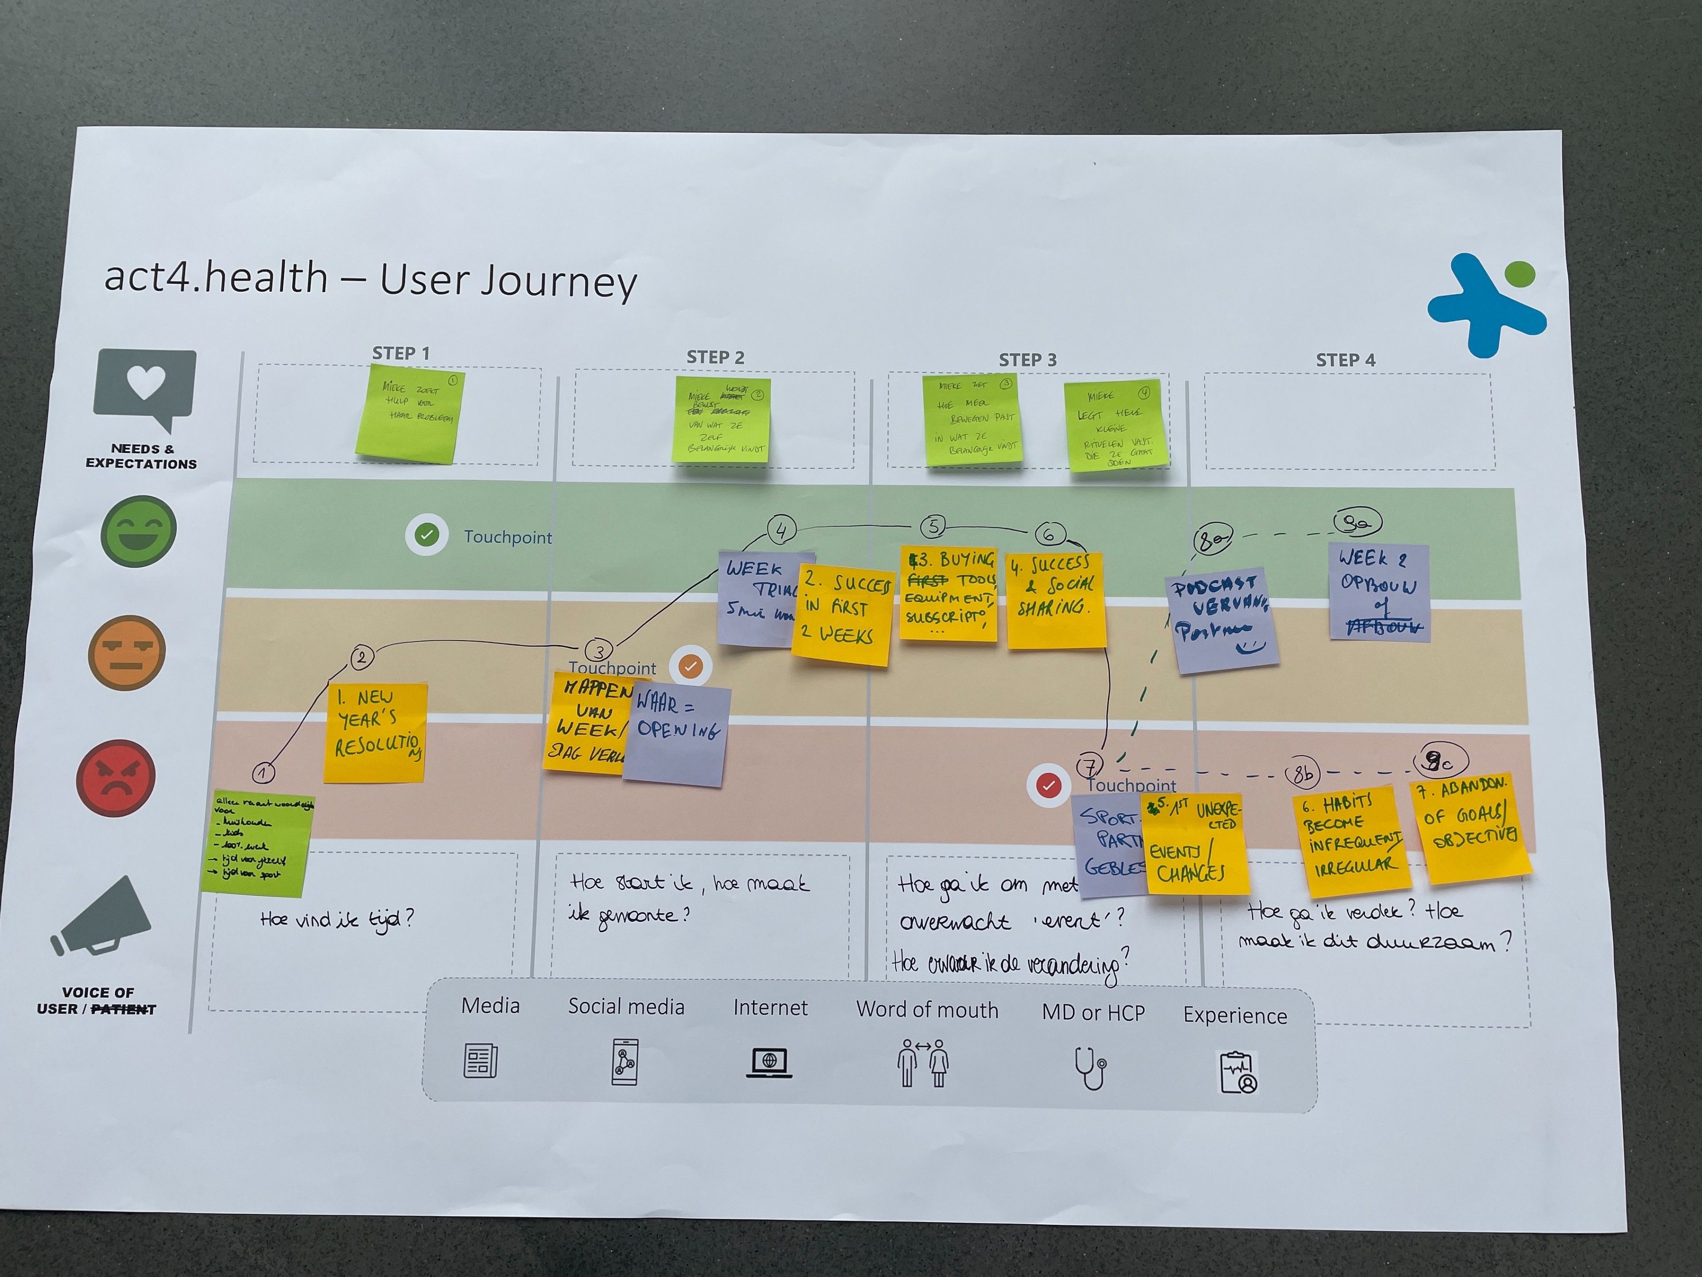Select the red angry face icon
115,777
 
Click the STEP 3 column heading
1027,360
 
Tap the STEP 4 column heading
1345,360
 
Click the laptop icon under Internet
769,1063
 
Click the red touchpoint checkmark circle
1048,785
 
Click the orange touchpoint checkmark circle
690,666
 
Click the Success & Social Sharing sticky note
1056,600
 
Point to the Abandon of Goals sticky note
1471,827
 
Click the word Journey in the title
559,281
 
